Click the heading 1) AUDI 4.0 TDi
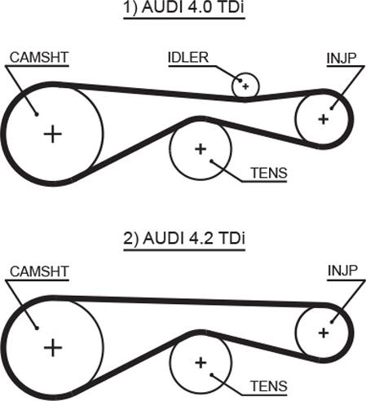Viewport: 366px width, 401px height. [x=184, y=7]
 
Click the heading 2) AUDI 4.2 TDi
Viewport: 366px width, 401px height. [x=184, y=238]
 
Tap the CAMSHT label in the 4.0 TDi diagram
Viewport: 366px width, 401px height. [x=39, y=58]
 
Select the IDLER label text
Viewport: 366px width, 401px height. [x=188, y=58]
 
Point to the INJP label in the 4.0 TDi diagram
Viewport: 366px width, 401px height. [x=342, y=58]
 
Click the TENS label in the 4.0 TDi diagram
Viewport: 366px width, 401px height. [x=269, y=173]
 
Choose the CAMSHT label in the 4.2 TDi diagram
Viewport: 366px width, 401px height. [x=39, y=271]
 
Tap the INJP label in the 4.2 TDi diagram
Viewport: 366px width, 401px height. [x=342, y=271]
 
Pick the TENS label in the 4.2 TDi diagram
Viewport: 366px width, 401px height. [x=269, y=386]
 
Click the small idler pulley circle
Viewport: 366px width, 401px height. [x=245, y=73]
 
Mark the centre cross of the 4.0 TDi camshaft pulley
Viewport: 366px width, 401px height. [x=53, y=134]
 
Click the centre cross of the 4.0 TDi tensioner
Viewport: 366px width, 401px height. [x=201, y=149]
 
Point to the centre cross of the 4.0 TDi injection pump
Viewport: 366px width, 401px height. [x=324, y=119]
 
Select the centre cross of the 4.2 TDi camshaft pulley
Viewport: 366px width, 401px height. [x=53, y=348]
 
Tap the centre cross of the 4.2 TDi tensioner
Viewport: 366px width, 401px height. [x=201, y=363]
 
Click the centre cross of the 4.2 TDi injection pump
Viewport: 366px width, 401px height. [x=324, y=333]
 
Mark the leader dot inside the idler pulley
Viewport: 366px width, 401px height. [x=240, y=81]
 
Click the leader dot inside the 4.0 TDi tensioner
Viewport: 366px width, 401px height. [x=211, y=161]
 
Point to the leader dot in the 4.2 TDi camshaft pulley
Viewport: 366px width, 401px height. [x=37, y=328]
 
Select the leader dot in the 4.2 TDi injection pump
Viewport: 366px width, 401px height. [x=332, y=323]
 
